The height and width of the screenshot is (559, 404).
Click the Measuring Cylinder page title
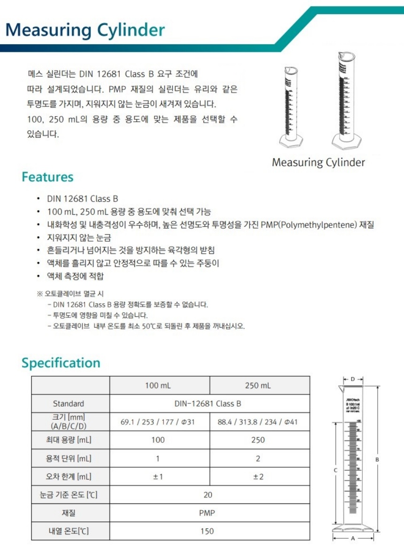click(85, 30)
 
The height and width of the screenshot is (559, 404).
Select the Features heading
click(47, 177)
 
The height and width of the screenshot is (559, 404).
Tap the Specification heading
click(61, 363)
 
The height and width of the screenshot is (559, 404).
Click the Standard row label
click(69, 403)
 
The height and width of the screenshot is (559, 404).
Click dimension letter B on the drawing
click(377, 459)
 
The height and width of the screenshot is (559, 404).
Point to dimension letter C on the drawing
click(335, 470)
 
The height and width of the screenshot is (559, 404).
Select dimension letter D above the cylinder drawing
click(353, 378)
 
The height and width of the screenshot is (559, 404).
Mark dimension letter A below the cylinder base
click(353, 539)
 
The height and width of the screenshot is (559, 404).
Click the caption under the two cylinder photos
click(318, 163)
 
